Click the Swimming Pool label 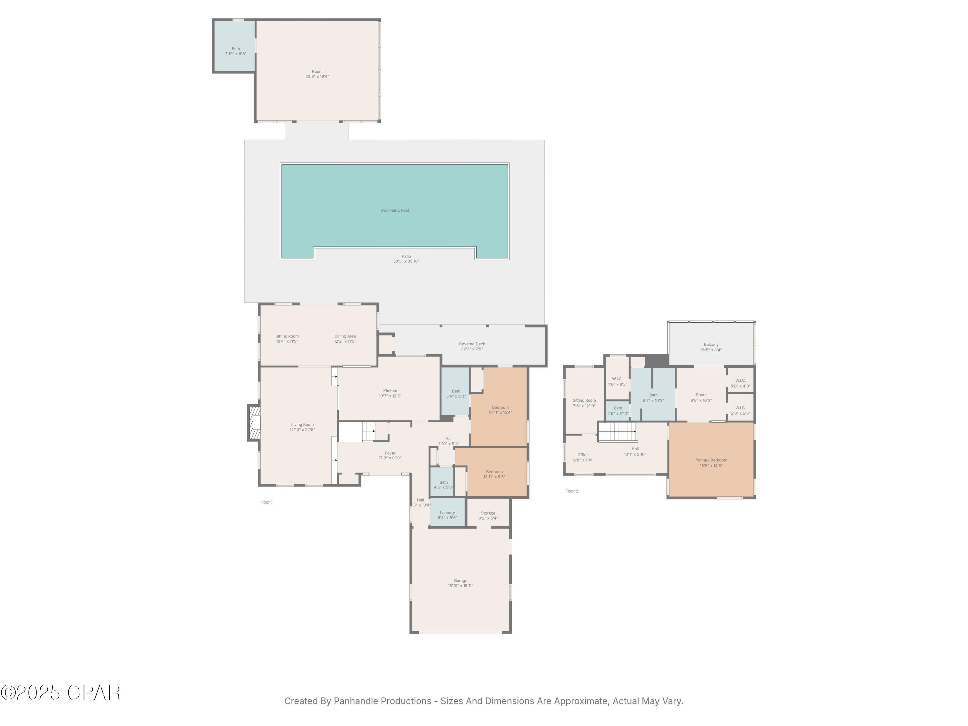(x=394, y=210)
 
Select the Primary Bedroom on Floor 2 (x=711, y=463)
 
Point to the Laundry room (x=447, y=515)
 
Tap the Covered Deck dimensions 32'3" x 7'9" (x=472, y=349)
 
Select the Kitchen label (x=390, y=391)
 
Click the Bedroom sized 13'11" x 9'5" (x=494, y=474)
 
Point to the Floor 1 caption (x=266, y=502)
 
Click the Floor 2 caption (x=571, y=491)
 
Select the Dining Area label (x=345, y=336)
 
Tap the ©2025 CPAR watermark (x=60, y=693)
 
